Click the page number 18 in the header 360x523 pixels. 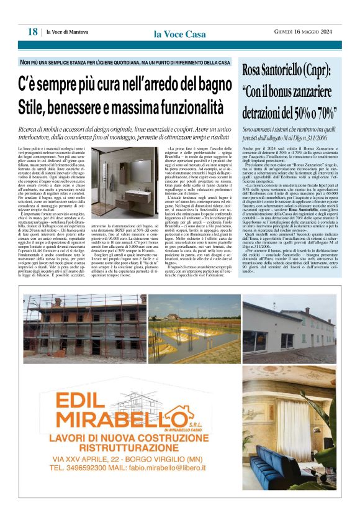pyautogui.click(x=32, y=32)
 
